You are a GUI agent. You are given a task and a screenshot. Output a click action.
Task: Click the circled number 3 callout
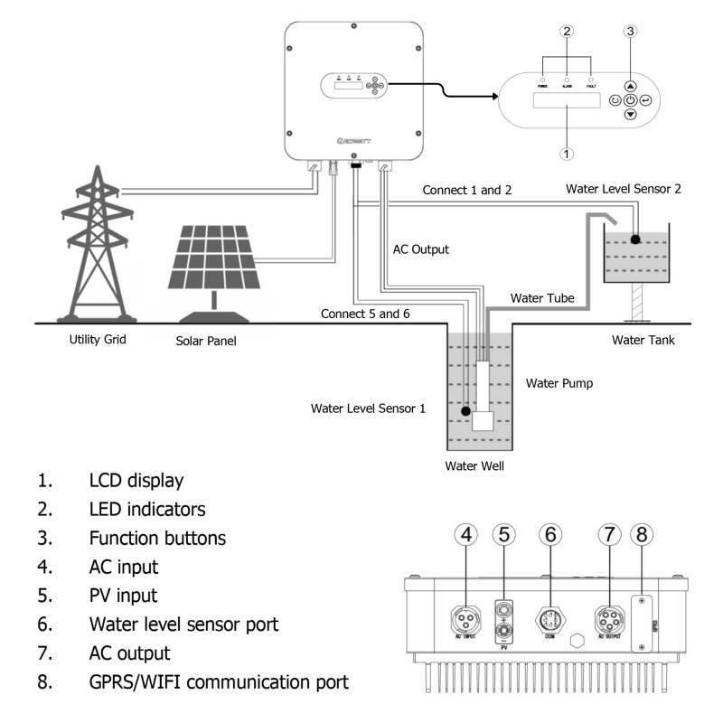click(x=630, y=32)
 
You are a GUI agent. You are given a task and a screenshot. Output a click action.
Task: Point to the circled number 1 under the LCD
click(x=567, y=153)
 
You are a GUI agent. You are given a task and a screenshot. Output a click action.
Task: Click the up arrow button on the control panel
click(x=630, y=84)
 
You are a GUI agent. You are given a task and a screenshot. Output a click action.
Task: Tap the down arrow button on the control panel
click(x=630, y=116)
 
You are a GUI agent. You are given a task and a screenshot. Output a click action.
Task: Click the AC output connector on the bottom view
click(x=607, y=624)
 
